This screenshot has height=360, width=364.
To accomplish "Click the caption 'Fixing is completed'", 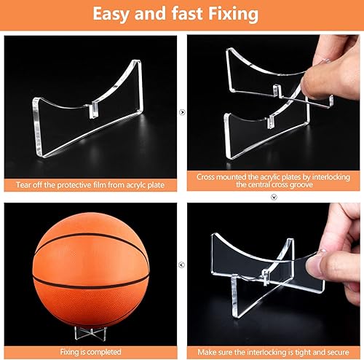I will [90, 352].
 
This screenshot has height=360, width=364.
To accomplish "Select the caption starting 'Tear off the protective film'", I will [90, 185].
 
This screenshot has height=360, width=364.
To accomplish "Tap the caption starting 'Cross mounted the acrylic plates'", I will [273, 181].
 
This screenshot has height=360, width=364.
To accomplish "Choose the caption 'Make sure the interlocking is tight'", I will [273, 352].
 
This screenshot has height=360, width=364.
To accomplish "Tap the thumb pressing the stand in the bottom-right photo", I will [321, 263].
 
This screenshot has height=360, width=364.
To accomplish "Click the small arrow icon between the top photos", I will [182, 113].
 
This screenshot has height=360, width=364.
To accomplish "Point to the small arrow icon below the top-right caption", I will [273, 196].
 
